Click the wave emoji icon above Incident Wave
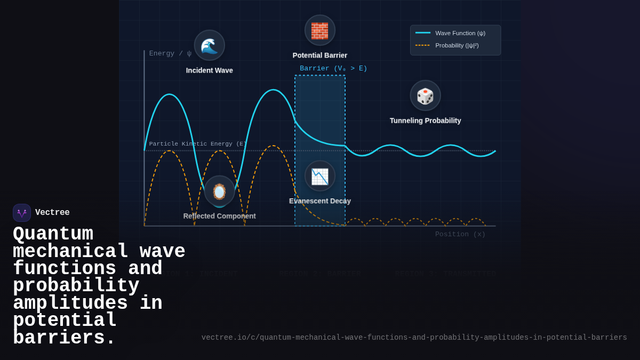click(209, 45)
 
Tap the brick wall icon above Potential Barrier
click(320, 30)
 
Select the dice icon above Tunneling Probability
click(425, 95)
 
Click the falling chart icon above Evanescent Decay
click(320, 176)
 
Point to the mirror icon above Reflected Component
click(219, 191)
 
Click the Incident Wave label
click(209, 70)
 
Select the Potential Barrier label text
click(320, 55)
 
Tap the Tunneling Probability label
click(425, 121)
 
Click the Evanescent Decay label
click(320, 201)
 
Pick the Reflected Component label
click(219, 216)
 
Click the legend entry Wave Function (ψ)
click(460, 33)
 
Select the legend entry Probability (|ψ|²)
click(457, 45)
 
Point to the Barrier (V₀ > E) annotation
click(333, 68)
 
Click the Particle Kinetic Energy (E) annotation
click(197, 144)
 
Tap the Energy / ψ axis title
click(170, 53)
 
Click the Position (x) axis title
click(460, 234)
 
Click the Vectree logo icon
click(22, 213)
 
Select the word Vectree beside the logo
click(52, 213)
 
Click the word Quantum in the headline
click(53, 234)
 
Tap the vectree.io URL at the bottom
click(414, 338)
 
